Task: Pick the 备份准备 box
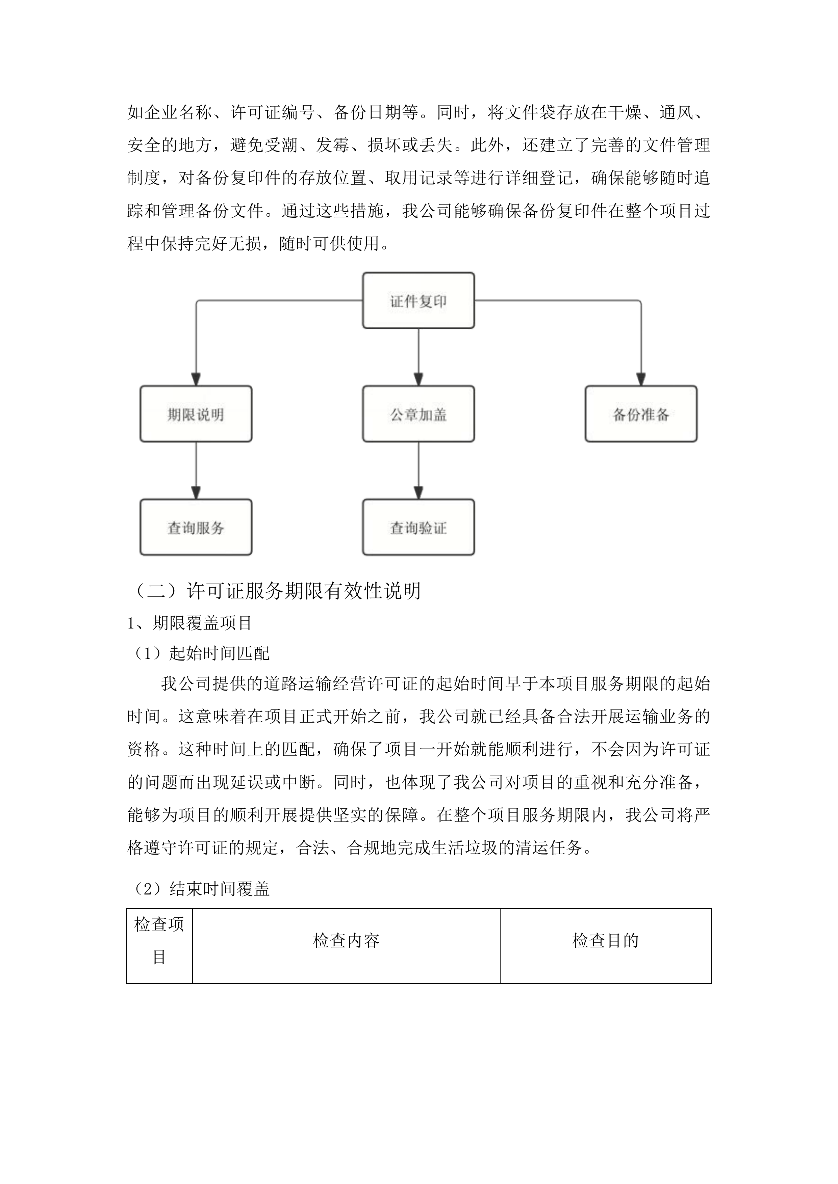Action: tap(640, 414)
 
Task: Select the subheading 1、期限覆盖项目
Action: tap(189, 623)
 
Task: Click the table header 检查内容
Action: tap(346, 941)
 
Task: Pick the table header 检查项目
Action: tap(159, 941)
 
